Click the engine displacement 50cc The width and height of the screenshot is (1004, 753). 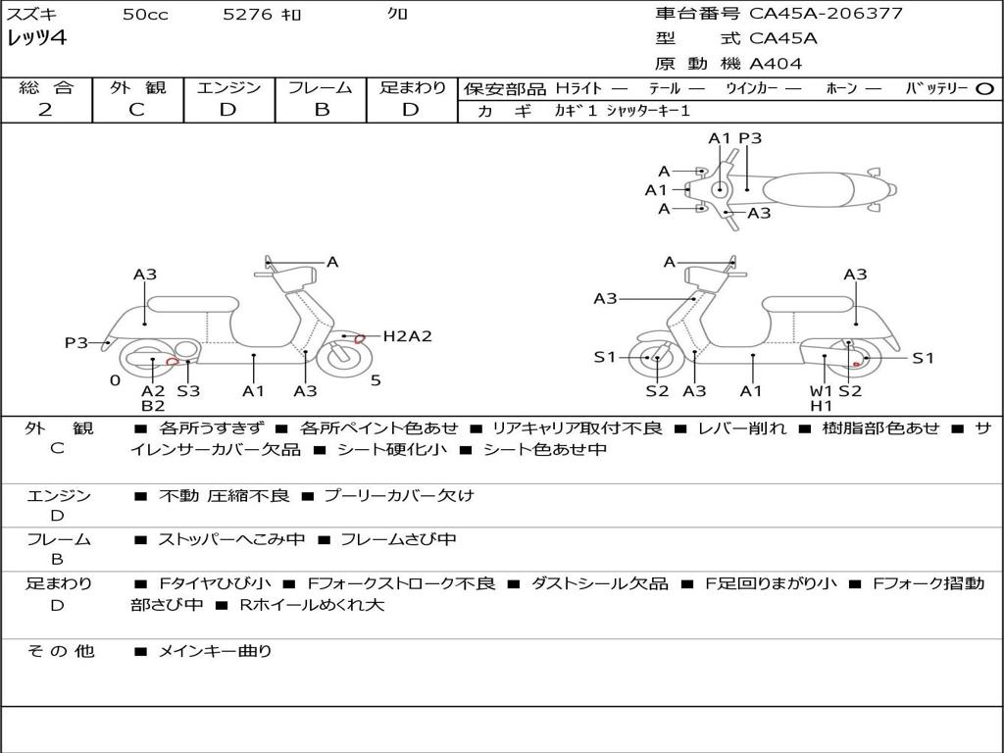point(145,15)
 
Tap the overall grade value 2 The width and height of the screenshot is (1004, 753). point(45,110)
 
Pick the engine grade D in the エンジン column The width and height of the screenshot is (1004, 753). point(228,110)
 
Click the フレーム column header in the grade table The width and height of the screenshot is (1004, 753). point(321,88)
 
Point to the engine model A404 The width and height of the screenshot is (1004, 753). point(776,64)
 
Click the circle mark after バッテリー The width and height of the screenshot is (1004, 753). point(985,88)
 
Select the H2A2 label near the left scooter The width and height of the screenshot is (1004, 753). point(407,336)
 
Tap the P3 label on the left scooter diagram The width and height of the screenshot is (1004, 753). point(75,343)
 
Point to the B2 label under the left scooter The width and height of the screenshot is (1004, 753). point(153,406)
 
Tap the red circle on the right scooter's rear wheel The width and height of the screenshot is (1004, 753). point(856,364)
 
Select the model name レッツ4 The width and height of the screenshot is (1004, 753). point(36,39)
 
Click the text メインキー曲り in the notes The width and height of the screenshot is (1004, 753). point(215,651)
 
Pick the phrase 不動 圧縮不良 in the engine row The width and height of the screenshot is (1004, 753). point(225,496)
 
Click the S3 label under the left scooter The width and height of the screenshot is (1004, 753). point(187,391)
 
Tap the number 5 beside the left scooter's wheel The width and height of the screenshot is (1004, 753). point(376,380)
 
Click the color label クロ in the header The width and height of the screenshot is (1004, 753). point(398,15)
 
